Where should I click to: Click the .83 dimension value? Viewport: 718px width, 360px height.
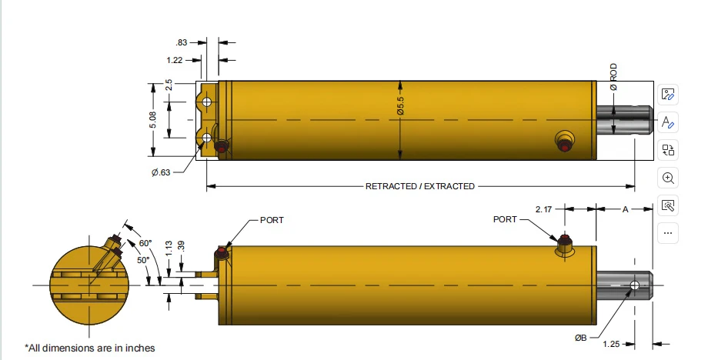(x=182, y=42)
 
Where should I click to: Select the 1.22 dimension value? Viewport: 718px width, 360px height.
(x=175, y=60)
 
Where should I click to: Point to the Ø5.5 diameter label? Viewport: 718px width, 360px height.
(x=401, y=105)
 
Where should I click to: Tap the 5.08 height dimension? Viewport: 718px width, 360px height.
(x=152, y=120)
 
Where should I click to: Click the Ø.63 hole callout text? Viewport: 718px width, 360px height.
(x=161, y=172)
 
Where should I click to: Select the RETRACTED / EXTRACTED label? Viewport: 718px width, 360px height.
(x=420, y=186)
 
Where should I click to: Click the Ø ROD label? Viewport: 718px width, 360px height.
(x=613, y=77)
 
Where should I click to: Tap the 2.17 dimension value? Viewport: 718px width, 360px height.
(x=543, y=209)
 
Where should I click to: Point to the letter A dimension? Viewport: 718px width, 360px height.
(x=625, y=209)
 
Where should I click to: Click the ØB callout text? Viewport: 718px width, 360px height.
(x=580, y=338)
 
